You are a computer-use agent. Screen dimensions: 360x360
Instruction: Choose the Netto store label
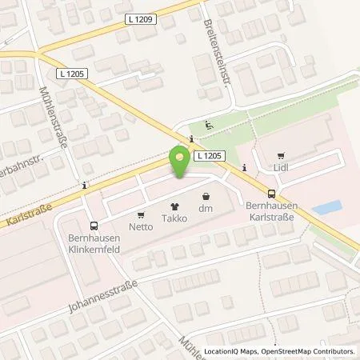click(141, 227)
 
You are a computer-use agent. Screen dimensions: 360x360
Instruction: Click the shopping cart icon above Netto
click(141, 214)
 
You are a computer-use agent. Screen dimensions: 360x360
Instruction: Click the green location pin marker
click(180, 163)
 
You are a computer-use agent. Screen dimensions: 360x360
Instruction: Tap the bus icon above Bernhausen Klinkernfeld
click(94, 226)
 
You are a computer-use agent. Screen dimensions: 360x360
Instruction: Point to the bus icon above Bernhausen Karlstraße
click(272, 193)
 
